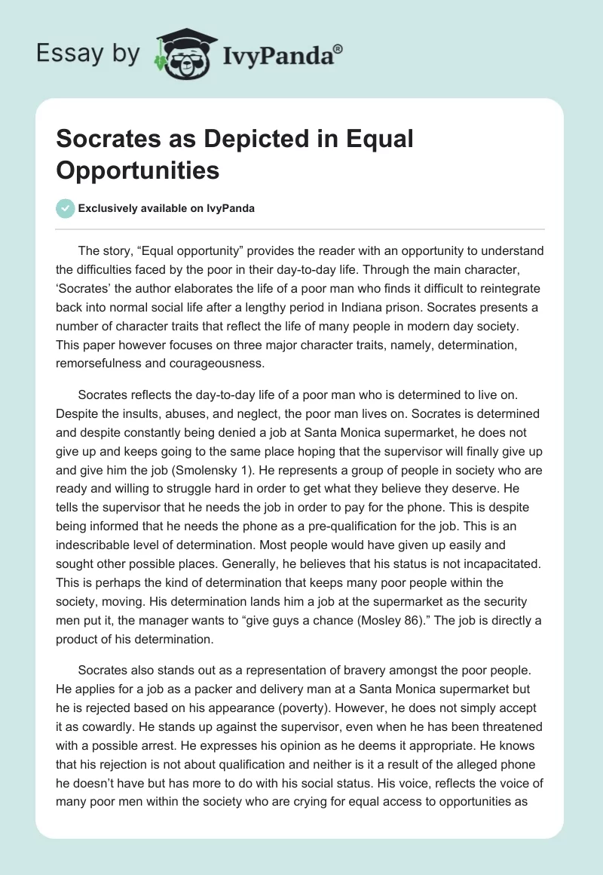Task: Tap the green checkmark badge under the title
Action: tap(66, 208)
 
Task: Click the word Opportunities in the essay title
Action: tap(138, 170)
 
